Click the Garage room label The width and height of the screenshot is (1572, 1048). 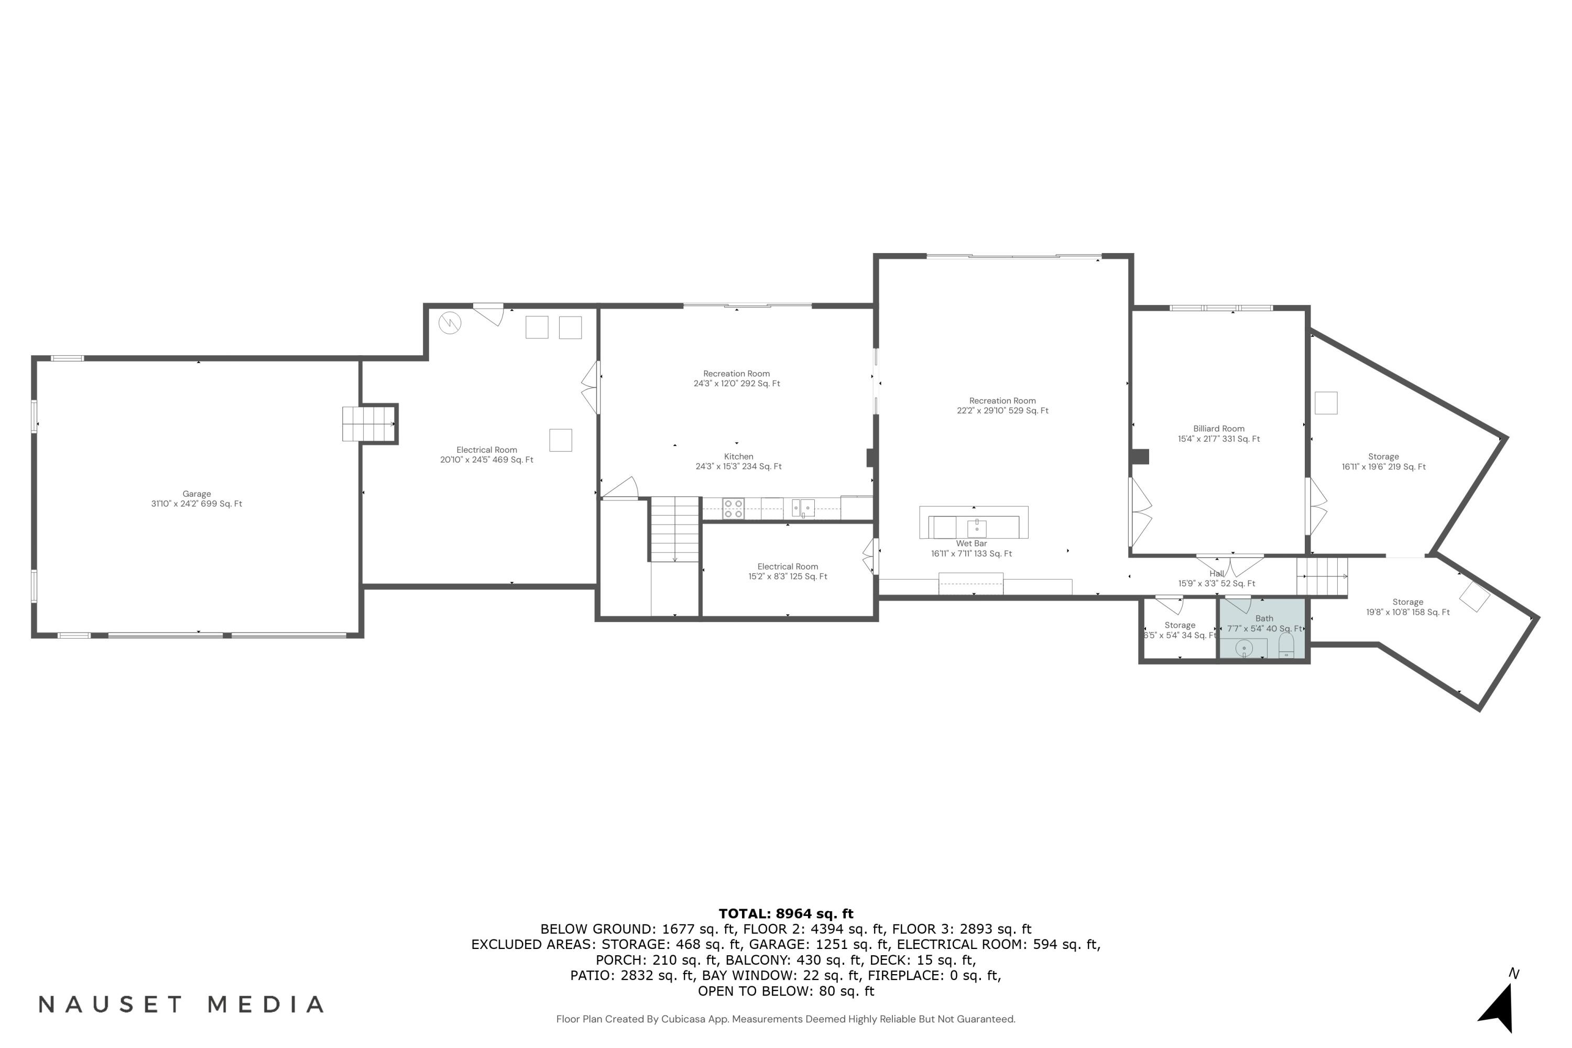click(x=196, y=499)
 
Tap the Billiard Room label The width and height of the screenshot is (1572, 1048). click(x=1218, y=434)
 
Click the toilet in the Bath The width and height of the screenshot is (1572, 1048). click(x=1286, y=646)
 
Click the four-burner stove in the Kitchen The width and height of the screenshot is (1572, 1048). click(x=733, y=509)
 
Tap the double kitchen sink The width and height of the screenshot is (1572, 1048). click(x=803, y=508)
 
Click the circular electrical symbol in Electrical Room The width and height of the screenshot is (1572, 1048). click(x=450, y=323)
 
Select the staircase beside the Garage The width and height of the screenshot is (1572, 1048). click(x=368, y=424)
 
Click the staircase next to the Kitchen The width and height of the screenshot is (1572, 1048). click(x=674, y=529)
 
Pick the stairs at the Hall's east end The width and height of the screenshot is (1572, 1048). click(x=1322, y=576)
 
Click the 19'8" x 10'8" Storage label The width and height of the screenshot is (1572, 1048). click(x=1407, y=607)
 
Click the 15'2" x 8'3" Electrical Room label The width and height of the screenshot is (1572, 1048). click(x=788, y=572)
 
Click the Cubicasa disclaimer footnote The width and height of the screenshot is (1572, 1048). click(x=785, y=1019)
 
